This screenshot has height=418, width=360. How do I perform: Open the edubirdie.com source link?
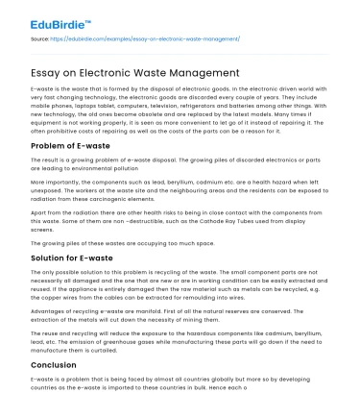tap(163, 39)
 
